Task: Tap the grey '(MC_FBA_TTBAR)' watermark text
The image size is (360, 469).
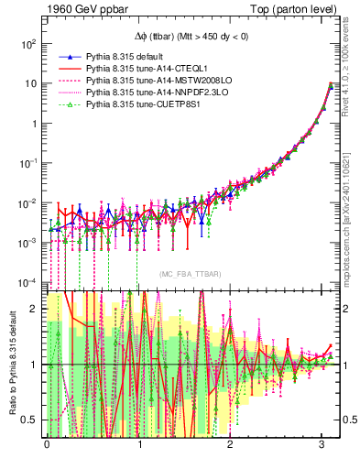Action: click(x=190, y=274)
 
